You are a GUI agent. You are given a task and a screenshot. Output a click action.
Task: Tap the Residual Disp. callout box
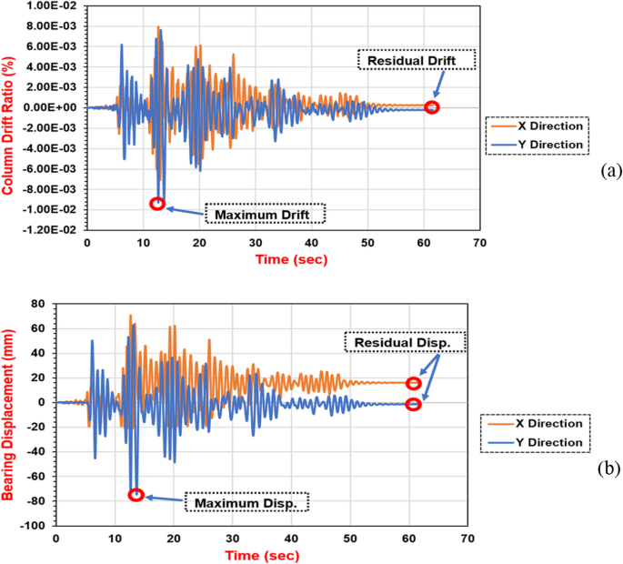(405, 343)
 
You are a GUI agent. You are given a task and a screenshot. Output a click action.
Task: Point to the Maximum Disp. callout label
(246, 501)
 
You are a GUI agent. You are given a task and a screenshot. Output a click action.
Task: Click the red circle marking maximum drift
(157, 204)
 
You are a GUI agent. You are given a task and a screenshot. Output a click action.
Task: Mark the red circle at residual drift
(432, 107)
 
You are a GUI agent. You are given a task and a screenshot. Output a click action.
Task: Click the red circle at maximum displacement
(136, 495)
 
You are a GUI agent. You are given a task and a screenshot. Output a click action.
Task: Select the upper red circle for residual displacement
(414, 383)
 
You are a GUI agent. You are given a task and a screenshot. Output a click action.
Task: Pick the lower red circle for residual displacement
(413, 405)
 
